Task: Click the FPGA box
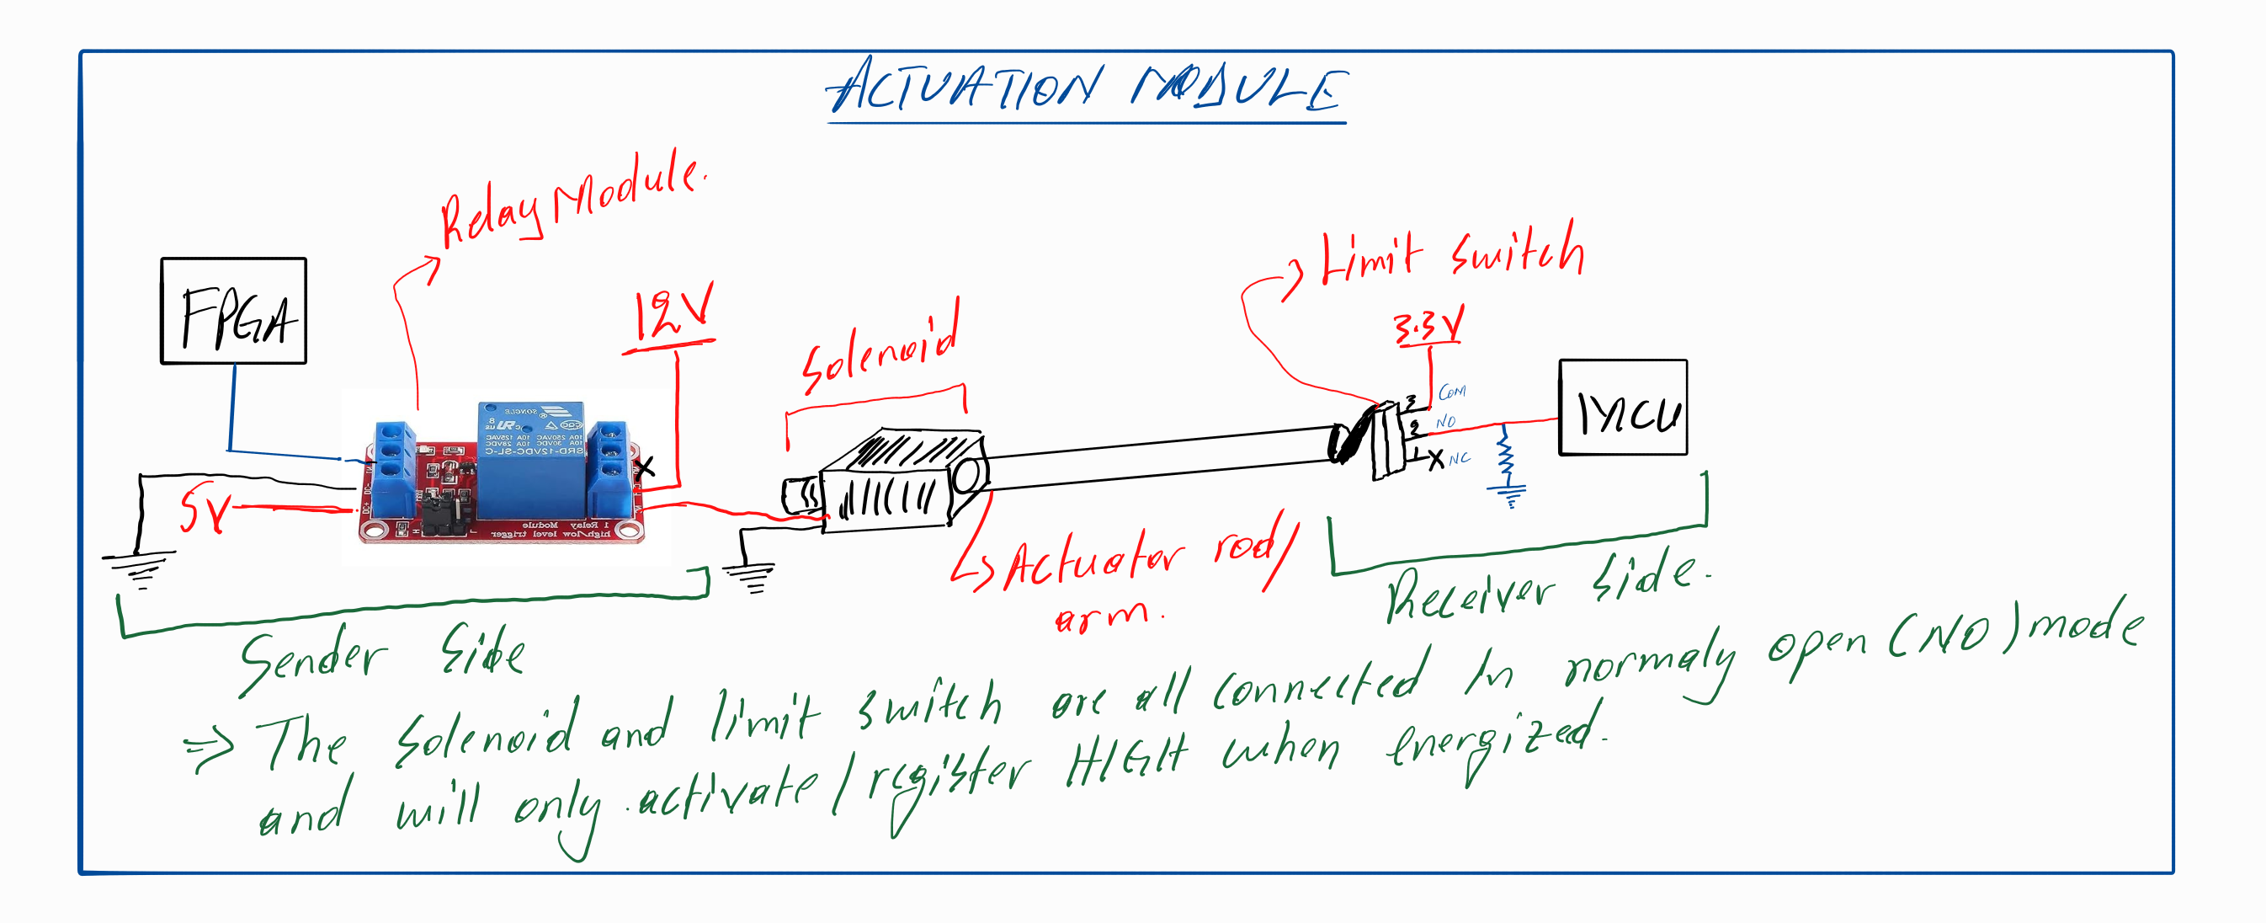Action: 233,311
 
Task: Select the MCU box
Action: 1622,408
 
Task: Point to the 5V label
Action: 204,510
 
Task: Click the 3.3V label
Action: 1428,327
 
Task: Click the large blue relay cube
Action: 531,457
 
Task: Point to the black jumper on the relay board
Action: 444,514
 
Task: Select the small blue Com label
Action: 1451,392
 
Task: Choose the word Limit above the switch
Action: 1371,256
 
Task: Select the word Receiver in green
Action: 1469,594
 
